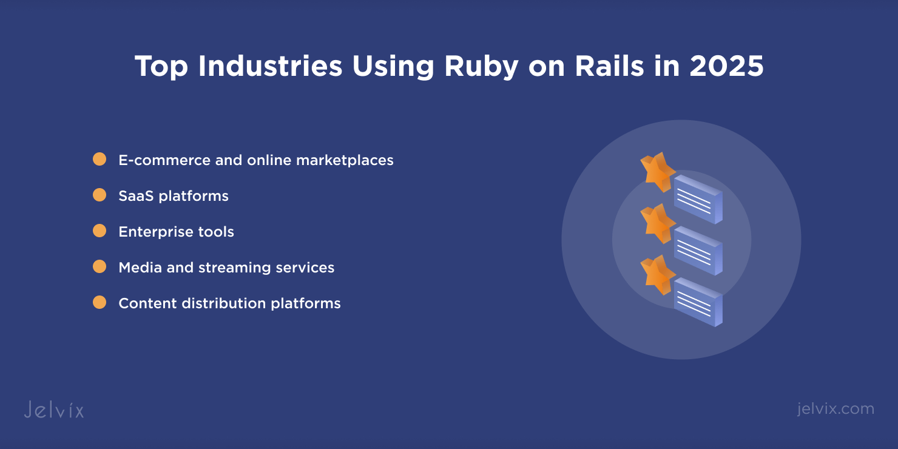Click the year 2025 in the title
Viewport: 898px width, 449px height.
coord(726,66)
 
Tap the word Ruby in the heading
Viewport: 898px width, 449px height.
coord(482,67)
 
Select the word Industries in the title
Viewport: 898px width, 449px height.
coord(270,66)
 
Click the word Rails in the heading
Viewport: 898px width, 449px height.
coord(609,66)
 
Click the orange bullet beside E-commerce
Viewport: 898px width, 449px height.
coord(100,159)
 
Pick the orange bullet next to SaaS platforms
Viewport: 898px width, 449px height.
coord(100,195)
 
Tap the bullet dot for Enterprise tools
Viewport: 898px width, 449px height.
coord(100,231)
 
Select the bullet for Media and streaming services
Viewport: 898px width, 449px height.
coord(100,266)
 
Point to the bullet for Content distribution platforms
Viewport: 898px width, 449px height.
coord(100,302)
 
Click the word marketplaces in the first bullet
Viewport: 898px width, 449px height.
coord(345,160)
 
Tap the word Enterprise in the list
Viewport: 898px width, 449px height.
coord(154,232)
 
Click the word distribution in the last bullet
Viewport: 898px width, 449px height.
coord(224,303)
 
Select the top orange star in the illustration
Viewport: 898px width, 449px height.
coord(658,172)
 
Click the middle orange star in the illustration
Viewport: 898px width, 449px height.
coord(658,223)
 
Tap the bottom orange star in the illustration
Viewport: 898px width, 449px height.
coord(658,275)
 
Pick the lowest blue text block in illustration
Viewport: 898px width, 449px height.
coord(698,302)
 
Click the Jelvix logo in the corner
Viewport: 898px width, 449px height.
coord(54,410)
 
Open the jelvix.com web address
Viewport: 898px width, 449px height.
coord(836,409)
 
